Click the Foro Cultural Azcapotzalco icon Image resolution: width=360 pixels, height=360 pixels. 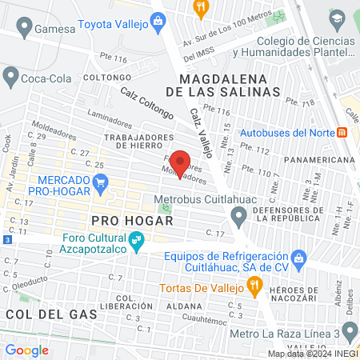click(x=137, y=238)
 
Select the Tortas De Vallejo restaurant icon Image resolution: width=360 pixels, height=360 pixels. click(x=254, y=284)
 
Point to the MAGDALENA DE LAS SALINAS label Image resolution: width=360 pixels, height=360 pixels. click(x=230, y=86)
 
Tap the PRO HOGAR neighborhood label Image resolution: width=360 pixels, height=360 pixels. click(x=121, y=219)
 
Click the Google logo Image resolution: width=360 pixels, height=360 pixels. click(x=26, y=350)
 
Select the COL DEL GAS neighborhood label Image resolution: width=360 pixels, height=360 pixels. click(x=51, y=314)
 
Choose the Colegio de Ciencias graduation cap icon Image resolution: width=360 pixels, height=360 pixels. click(x=337, y=18)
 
